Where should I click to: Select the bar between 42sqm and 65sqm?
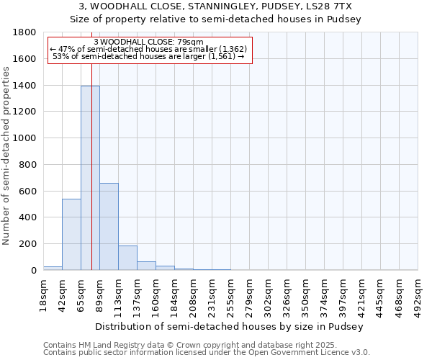[x=71, y=234]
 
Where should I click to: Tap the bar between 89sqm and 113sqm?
[x=109, y=226]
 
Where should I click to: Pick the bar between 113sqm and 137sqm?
[x=127, y=258]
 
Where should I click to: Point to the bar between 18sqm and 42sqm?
[x=53, y=268]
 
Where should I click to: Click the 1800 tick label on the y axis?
[x=25, y=32]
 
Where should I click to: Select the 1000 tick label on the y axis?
[x=25, y=138]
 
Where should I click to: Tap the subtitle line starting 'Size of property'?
[x=215, y=19]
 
